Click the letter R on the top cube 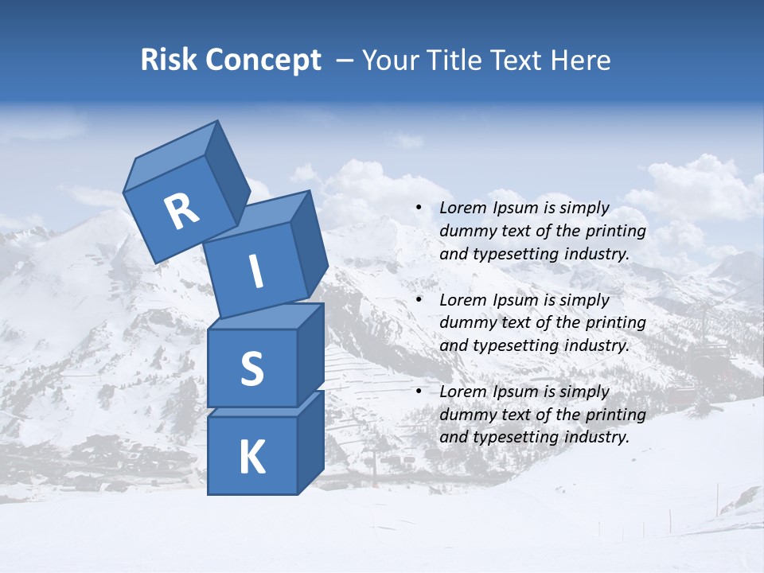pos(181,211)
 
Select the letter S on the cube pos(251,368)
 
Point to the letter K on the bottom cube pos(251,458)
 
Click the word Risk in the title pos(168,60)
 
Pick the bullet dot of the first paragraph pos(419,209)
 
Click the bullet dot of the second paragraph pos(419,301)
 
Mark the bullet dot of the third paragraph pos(419,392)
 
